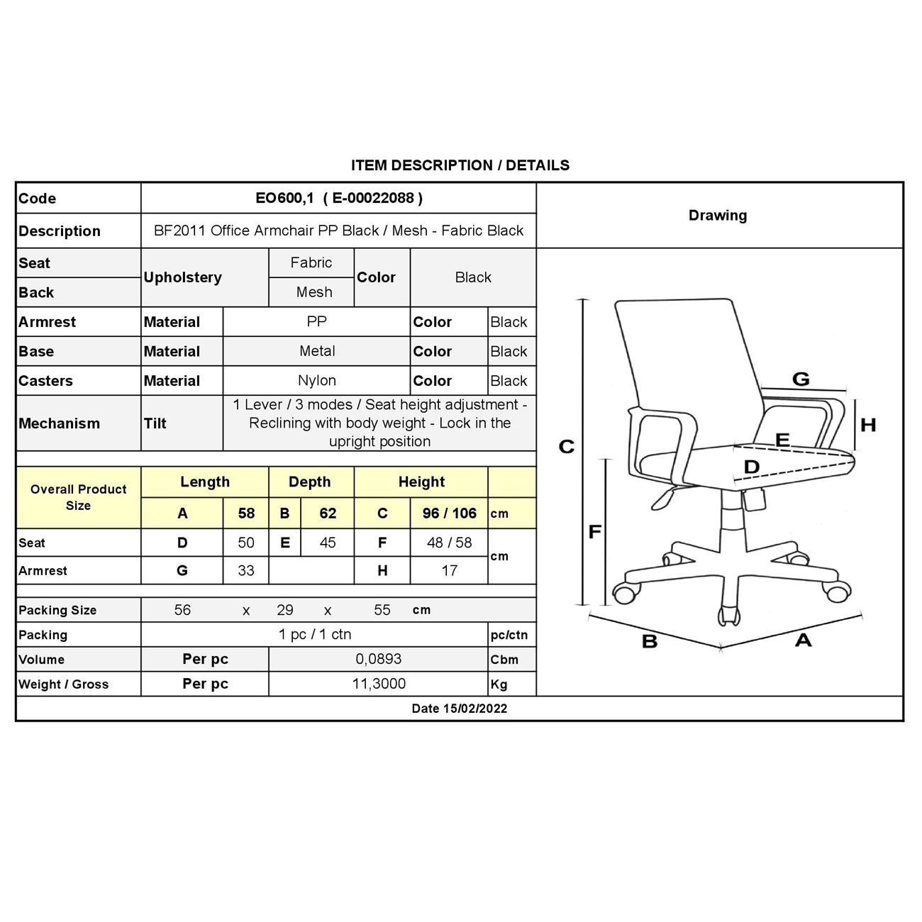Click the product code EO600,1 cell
click(x=338, y=199)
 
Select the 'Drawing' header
click(x=717, y=216)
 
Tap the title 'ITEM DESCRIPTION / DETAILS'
click(x=460, y=165)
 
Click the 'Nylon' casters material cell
click(x=316, y=381)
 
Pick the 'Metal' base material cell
click(x=316, y=351)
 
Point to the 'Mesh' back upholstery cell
click(x=313, y=292)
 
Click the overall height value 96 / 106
click(x=449, y=513)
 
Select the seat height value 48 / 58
click(x=449, y=543)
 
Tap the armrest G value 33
click(x=245, y=571)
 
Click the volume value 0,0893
click(x=378, y=660)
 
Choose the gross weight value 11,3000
click(x=379, y=684)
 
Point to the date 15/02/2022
click(x=459, y=709)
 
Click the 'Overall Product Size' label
click(x=78, y=497)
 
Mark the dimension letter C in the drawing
click(x=566, y=447)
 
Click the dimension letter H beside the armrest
click(x=867, y=425)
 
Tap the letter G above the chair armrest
click(x=800, y=379)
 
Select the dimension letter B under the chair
click(x=649, y=642)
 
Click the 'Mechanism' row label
click(x=59, y=423)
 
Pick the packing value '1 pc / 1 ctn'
click(x=315, y=635)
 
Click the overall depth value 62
click(x=327, y=513)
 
